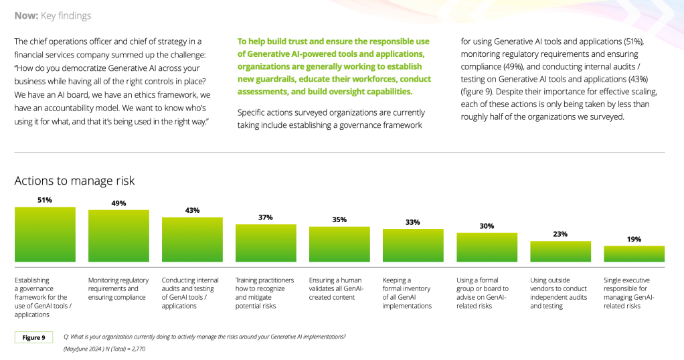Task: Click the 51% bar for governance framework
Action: click(45, 234)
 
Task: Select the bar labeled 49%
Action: click(118, 236)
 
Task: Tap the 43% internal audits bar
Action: click(192, 240)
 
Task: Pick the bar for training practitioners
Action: click(266, 243)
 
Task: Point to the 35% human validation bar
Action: click(339, 244)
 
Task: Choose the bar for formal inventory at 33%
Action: click(413, 246)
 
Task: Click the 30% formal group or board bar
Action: click(487, 247)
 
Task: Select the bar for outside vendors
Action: click(560, 252)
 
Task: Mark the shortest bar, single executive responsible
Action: click(634, 254)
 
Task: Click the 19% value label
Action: click(634, 239)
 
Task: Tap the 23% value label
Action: click(560, 234)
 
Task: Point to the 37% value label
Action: click(266, 217)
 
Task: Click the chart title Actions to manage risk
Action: click(74, 181)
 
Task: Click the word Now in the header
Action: click(25, 15)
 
